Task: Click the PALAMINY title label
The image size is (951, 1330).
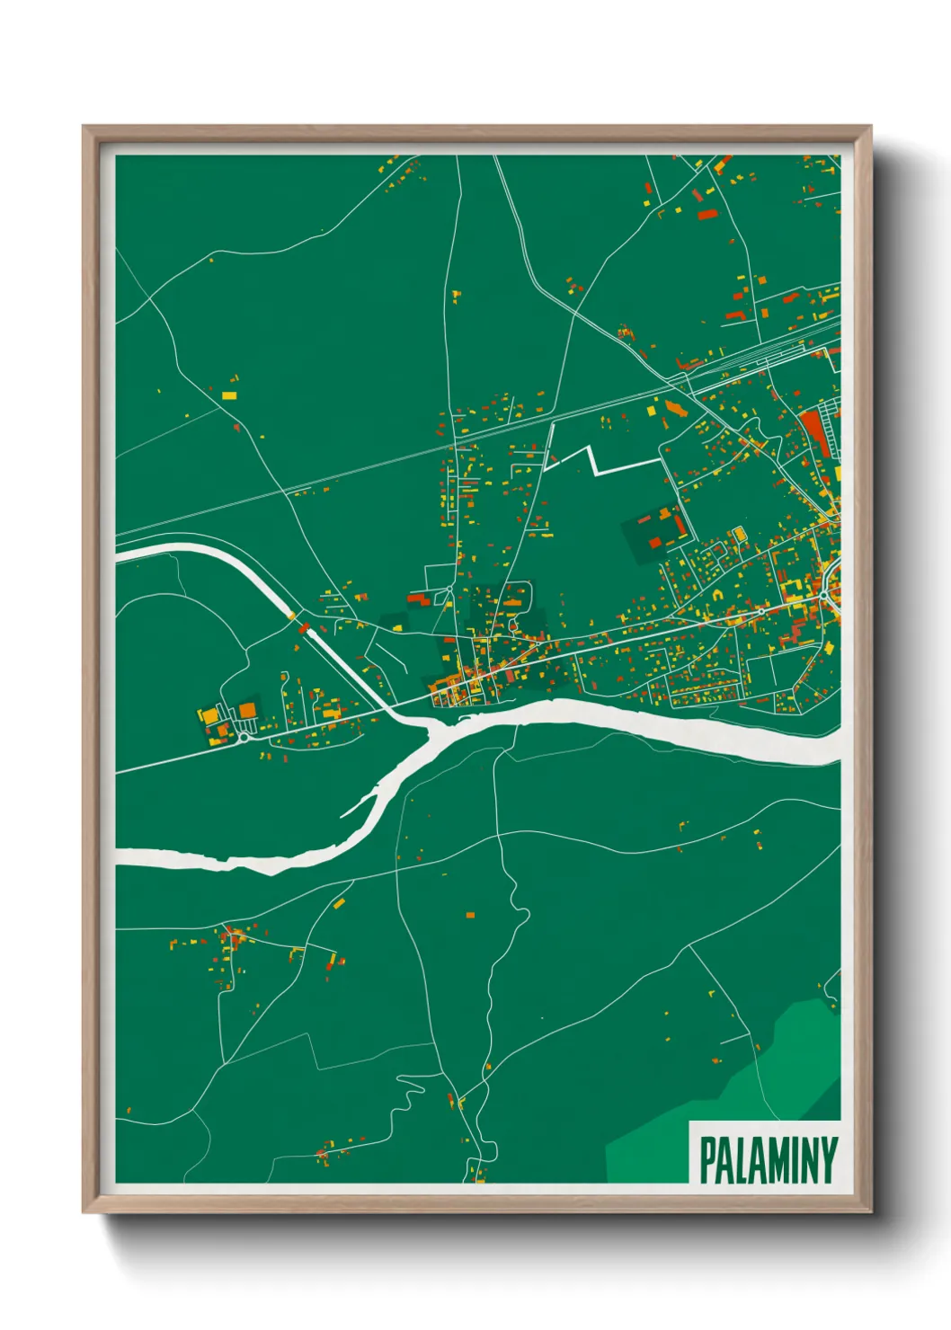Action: tap(768, 1160)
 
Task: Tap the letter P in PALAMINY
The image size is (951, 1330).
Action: tap(707, 1161)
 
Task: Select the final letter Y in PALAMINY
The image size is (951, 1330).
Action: tap(829, 1160)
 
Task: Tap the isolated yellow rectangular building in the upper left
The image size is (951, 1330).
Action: tap(228, 395)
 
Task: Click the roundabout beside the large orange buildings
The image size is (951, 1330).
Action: tap(244, 738)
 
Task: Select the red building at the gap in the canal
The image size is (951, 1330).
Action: tap(304, 627)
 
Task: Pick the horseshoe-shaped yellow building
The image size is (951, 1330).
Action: tap(717, 595)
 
